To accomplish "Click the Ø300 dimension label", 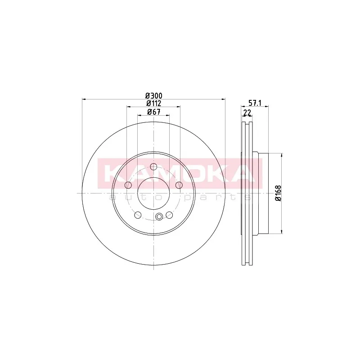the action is click(154, 95).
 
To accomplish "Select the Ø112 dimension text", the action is click(154, 103).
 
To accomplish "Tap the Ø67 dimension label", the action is click(153, 112).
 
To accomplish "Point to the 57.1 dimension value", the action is click(255, 103).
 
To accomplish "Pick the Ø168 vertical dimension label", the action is click(278, 193).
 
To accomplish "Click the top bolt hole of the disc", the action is click(153, 166).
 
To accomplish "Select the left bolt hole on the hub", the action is click(128, 185).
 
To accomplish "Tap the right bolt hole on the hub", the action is click(179, 185).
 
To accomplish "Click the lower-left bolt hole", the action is click(138, 215).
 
